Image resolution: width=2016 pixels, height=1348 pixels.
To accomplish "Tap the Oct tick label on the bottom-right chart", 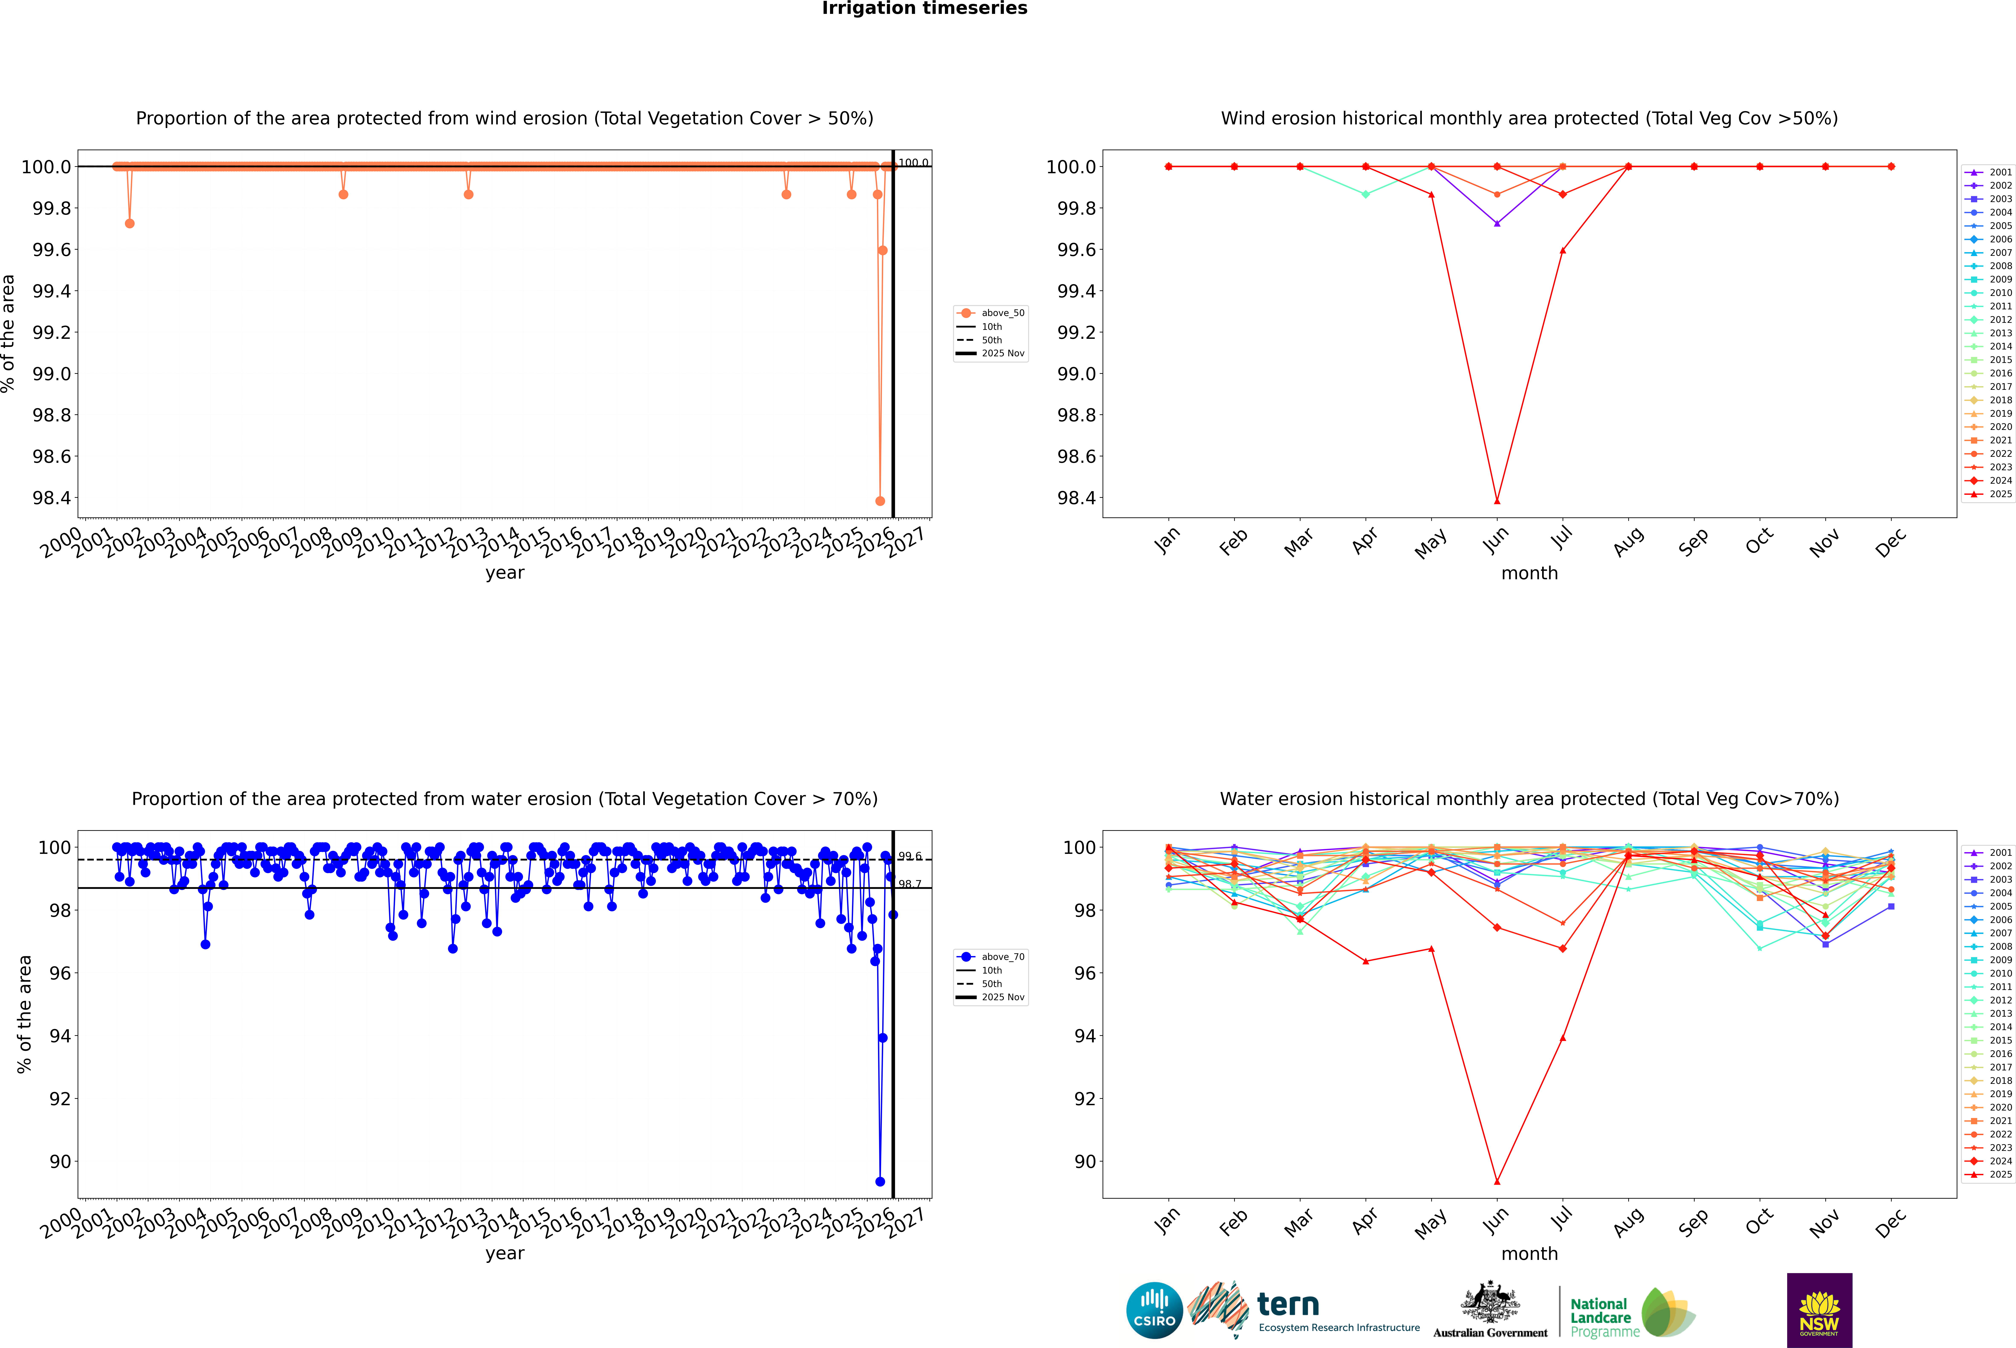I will click(1759, 1222).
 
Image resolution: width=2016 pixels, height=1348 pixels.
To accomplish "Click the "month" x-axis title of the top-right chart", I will click(1529, 574).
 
